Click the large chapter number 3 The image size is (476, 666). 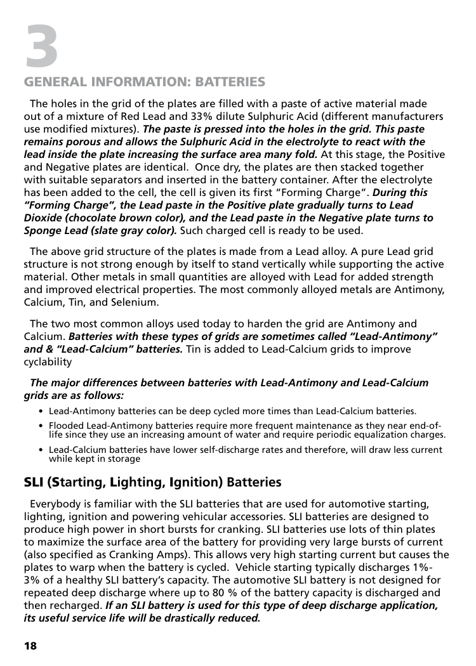point(42,46)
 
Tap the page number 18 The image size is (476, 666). point(30,646)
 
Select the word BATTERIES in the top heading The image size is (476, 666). point(230,82)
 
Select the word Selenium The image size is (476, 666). point(135,302)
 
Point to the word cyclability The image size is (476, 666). point(48,362)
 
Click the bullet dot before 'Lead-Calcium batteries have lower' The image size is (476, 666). point(41,450)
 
